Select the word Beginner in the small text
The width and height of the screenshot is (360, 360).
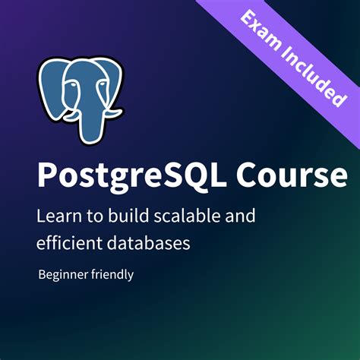click(63, 274)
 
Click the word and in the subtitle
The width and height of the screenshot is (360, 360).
click(242, 216)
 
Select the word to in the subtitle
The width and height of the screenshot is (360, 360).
click(90, 216)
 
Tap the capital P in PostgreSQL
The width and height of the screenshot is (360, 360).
click(47, 175)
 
